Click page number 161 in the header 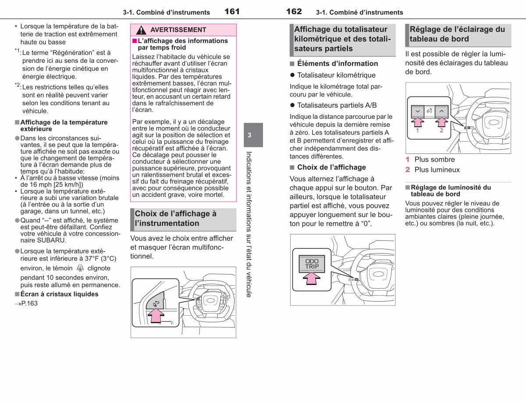pos(232,11)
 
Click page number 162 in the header pos(294,11)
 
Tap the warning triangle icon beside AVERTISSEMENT pos(141,30)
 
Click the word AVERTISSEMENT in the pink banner pos(178,30)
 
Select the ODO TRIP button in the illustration pos(312,264)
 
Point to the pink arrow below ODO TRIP pos(312,278)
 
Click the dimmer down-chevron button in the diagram pos(418,111)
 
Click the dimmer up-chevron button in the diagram pos(441,111)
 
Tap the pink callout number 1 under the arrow pos(417,131)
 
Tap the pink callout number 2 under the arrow pos(441,131)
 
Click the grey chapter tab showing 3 pos(253,135)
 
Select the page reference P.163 pos(26,303)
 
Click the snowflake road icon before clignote pos(80,267)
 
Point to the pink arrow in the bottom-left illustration pos(156,315)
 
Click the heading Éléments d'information pos(338,64)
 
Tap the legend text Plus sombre pos(434,160)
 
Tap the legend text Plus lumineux pos(437,170)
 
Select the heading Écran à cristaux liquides pos(59,294)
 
